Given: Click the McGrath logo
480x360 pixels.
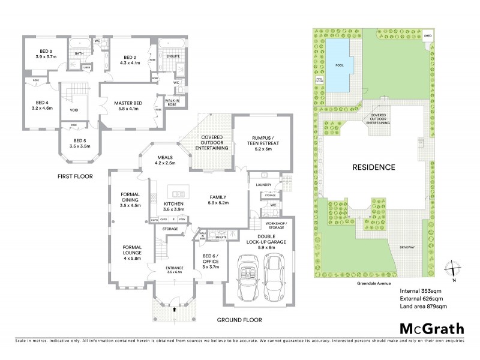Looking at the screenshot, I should (431, 328).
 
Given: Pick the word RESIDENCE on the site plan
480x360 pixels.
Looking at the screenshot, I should (373, 167).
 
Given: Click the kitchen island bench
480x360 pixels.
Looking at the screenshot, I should (177, 194).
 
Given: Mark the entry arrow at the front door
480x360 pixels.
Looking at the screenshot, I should (175, 310).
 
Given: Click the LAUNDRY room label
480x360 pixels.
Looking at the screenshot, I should (263, 185).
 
